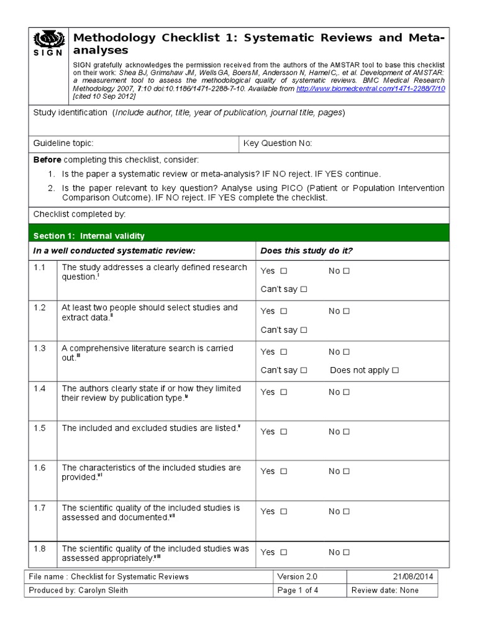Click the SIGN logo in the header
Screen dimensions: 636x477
point(47,43)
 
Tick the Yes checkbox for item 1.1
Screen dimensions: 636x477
point(284,271)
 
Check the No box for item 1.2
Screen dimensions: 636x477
point(347,311)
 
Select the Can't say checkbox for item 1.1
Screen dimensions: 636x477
point(304,289)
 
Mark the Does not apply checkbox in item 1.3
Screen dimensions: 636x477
point(396,370)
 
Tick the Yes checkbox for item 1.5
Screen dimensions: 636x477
point(284,432)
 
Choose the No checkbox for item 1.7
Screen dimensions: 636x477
point(347,512)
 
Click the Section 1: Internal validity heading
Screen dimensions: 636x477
point(89,236)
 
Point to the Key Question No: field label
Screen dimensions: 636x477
point(278,143)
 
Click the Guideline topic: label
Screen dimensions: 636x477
point(63,143)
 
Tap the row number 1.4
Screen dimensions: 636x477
point(40,389)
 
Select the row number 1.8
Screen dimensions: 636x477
point(40,549)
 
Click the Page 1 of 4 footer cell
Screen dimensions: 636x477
point(298,590)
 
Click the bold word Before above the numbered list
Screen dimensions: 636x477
point(47,160)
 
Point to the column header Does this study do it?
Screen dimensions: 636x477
point(307,250)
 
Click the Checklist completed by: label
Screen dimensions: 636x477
point(79,214)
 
